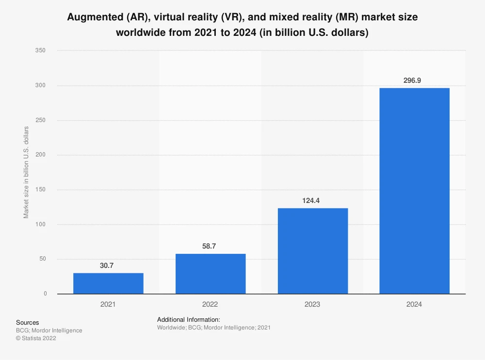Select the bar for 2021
click(x=108, y=283)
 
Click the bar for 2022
click(x=210, y=274)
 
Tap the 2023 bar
click(x=313, y=250)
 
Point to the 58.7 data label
click(x=210, y=247)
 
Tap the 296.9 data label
click(x=415, y=80)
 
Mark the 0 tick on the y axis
click(x=45, y=294)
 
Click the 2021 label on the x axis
click(x=108, y=305)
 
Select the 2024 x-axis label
click(x=415, y=305)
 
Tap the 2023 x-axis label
click(x=313, y=305)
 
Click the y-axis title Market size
click(x=26, y=172)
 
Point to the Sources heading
click(x=28, y=322)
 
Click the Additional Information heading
click(x=189, y=320)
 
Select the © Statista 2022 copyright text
click(x=36, y=339)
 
